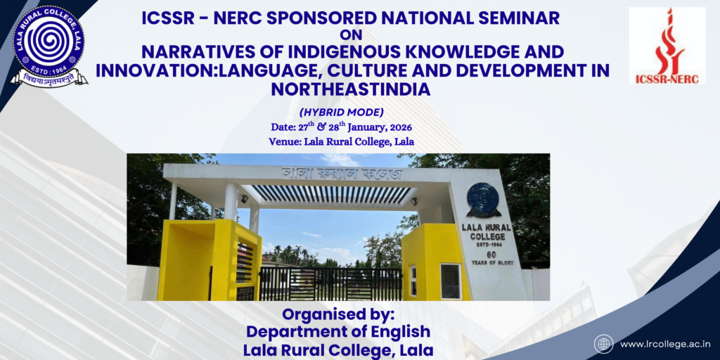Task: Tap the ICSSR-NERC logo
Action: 667,46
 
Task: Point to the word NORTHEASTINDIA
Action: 350,89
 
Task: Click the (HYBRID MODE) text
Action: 341,112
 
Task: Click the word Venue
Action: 284,142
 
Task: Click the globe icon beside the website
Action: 603,343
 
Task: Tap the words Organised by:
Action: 338,316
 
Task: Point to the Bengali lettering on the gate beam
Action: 342,174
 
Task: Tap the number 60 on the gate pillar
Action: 491,255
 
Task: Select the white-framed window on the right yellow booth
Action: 450,281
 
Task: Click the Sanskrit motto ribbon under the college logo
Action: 49,78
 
